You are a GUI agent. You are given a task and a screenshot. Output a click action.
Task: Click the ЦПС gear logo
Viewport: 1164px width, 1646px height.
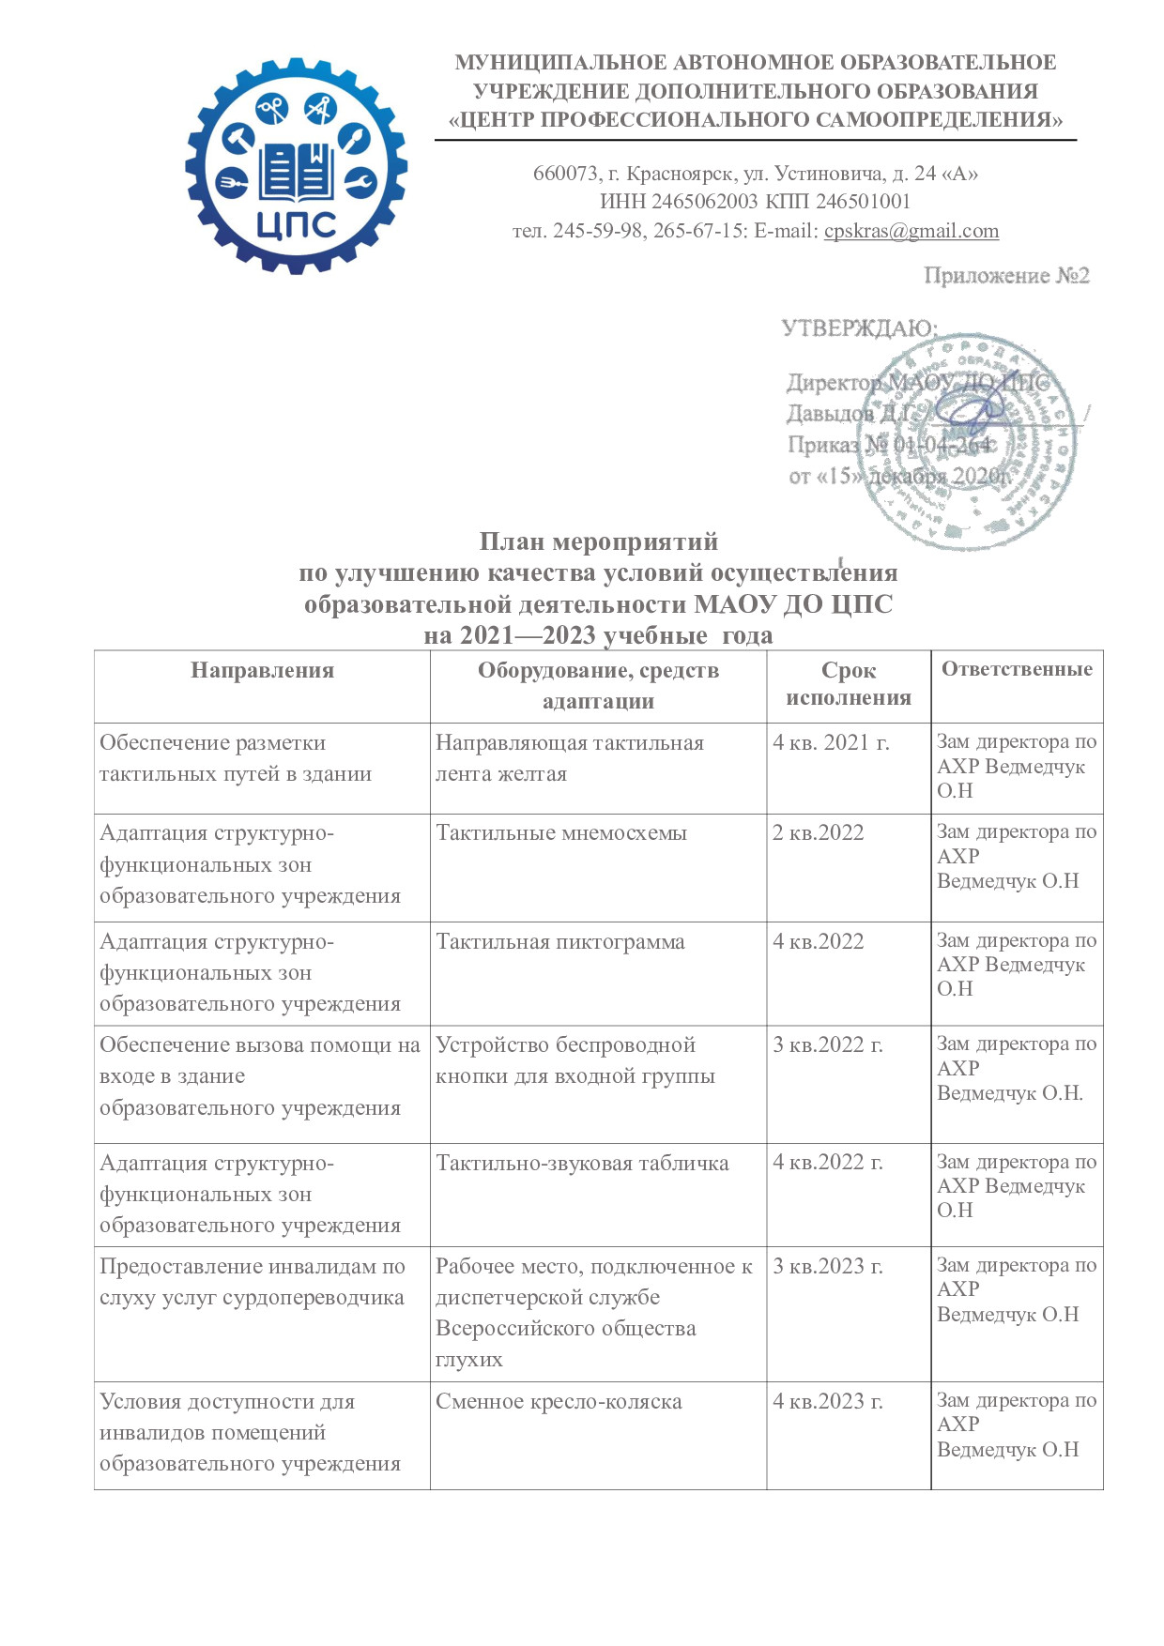pyautogui.click(x=296, y=166)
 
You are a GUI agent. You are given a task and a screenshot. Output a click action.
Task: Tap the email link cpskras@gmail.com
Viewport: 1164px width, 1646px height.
pyautogui.click(x=911, y=231)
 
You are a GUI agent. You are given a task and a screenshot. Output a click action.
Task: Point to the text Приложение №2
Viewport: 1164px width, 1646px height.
pyautogui.click(x=1005, y=276)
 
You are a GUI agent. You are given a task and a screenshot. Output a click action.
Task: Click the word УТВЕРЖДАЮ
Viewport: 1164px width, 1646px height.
pyautogui.click(x=858, y=328)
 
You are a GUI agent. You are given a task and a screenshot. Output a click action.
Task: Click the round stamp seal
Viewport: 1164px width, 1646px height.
pyautogui.click(x=968, y=441)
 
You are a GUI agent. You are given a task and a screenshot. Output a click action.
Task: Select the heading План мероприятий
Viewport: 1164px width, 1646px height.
pyautogui.click(x=598, y=541)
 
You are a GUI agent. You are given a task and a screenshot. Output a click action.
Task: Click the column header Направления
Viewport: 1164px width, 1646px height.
pyautogui.click(x=262, y=670)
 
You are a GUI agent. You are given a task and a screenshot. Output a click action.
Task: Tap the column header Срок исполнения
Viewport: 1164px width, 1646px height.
pyautogui.click(x=849, y=683)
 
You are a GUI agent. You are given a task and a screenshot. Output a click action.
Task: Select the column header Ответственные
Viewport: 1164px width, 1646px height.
pyautogui.click(x=1017, y=669)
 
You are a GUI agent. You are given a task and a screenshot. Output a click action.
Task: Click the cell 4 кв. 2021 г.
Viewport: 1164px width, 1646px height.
pyautogui.click(x=831, y=742)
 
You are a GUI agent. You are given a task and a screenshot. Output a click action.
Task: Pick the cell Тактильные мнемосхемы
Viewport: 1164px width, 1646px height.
pyautogui.click(x=561, y=832)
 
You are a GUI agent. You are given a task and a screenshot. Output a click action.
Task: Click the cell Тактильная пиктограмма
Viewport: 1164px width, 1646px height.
pyautogui.click(x=560, y=941)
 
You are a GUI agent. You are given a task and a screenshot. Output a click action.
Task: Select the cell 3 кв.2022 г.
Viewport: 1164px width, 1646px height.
pyautogui.click(x=827, y=1044)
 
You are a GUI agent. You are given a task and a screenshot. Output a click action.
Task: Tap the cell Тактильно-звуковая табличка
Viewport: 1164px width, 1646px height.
pyautogui.click(x=582, y=1163)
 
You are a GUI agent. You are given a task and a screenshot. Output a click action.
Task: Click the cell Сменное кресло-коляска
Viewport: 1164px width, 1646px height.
pyautogui.click(x=559, y=1401)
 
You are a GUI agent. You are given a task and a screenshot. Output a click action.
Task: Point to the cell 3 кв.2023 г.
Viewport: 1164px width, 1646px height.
pyautogui.click(x=827, y=1266)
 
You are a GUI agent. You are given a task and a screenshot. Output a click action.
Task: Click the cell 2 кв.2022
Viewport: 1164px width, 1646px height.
pyautogui.click(x=818, y=832)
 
